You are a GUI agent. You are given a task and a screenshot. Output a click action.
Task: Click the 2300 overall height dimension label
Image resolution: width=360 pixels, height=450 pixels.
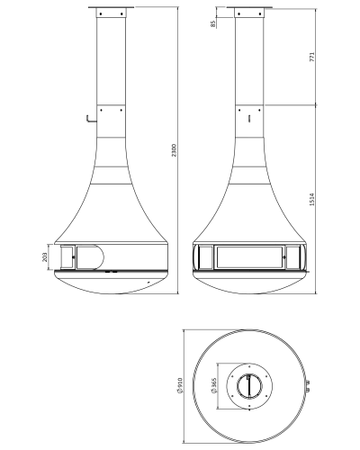(x=175, y=150)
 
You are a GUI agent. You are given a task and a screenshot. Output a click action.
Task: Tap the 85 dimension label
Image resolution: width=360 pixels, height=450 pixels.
(x=213, y=24)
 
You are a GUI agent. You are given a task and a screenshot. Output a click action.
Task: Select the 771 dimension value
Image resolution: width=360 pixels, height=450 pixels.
(x=312, y=57)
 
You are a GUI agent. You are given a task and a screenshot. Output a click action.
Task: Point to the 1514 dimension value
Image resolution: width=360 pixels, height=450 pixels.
(x=312, y=199)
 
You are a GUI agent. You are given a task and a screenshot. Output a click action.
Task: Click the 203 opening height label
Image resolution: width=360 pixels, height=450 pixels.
(x=45, y=257)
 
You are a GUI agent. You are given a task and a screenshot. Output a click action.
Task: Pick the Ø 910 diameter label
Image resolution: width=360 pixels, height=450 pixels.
(x=180, y=385)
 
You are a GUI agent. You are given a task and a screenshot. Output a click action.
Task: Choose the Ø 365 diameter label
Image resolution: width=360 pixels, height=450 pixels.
(x=214, y=385)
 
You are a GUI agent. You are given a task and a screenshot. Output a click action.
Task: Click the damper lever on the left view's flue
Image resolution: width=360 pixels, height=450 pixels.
(x=91, y=119)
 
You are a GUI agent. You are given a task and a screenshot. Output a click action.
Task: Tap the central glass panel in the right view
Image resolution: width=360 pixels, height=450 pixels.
(x=249, y=257)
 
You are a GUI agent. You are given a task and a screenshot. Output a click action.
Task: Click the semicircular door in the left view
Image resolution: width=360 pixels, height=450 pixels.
(x=90, y=257)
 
